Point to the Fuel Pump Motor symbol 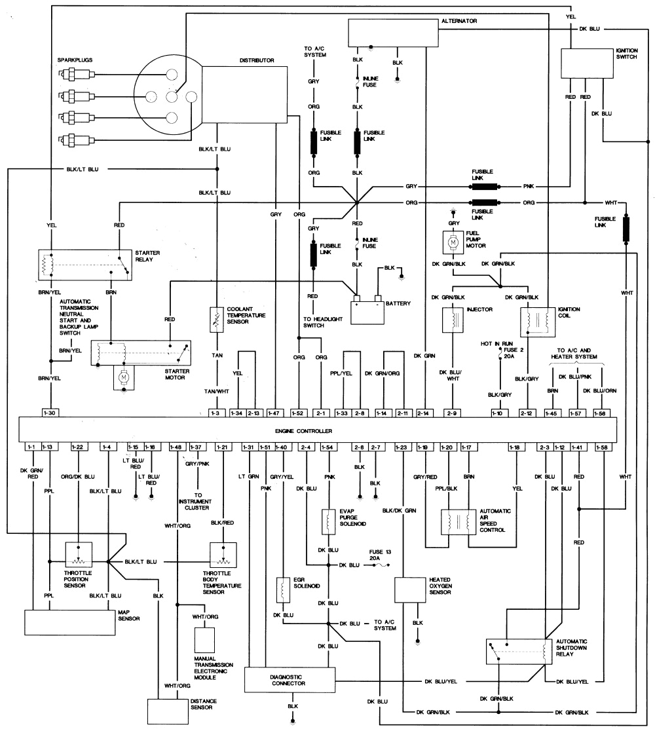click(x=452, y=243)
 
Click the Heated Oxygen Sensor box click(x=411, y=590)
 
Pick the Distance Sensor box click(x=168, y=710)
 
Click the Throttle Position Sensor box click(x=79, y=555)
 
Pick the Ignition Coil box click(x=536, y=320)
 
